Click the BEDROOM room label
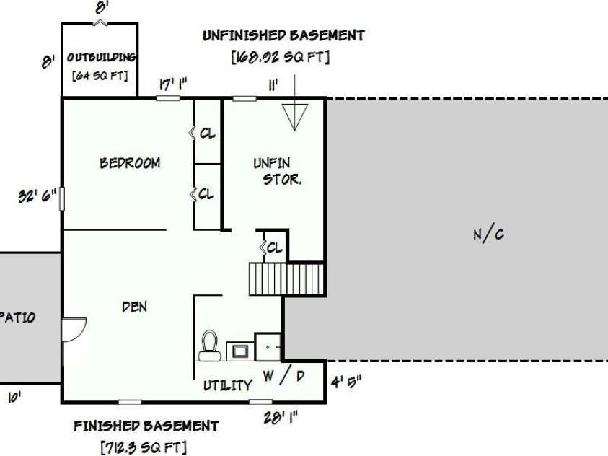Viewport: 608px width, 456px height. click(130, 163)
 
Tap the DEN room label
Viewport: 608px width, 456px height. click(135, 307)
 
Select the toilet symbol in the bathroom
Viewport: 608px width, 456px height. click(210, 346)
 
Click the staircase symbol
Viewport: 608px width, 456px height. click(286, 279)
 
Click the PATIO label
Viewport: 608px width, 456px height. click(18, 318)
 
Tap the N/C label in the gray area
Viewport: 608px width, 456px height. click(488, 234)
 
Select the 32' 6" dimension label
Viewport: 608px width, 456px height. click(38, 196)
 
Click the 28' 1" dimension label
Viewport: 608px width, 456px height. click(281, 418)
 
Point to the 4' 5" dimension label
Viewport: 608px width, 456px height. click(346, 382)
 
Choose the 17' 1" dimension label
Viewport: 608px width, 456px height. click(173, 84)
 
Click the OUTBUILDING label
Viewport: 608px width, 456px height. click(101, 58)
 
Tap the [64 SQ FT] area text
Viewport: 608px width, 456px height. click(100, 76)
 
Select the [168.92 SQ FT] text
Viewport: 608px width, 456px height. click(281, 58)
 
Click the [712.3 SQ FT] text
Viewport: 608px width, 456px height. click(144, 448)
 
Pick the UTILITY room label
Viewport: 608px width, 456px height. click(228, 385)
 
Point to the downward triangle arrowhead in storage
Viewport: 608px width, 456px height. click(295, 116)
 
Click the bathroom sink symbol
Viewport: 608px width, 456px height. click(240, 351)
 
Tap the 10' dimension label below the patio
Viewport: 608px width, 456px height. click(14, 398)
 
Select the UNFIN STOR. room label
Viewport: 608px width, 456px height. click(277, 172)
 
